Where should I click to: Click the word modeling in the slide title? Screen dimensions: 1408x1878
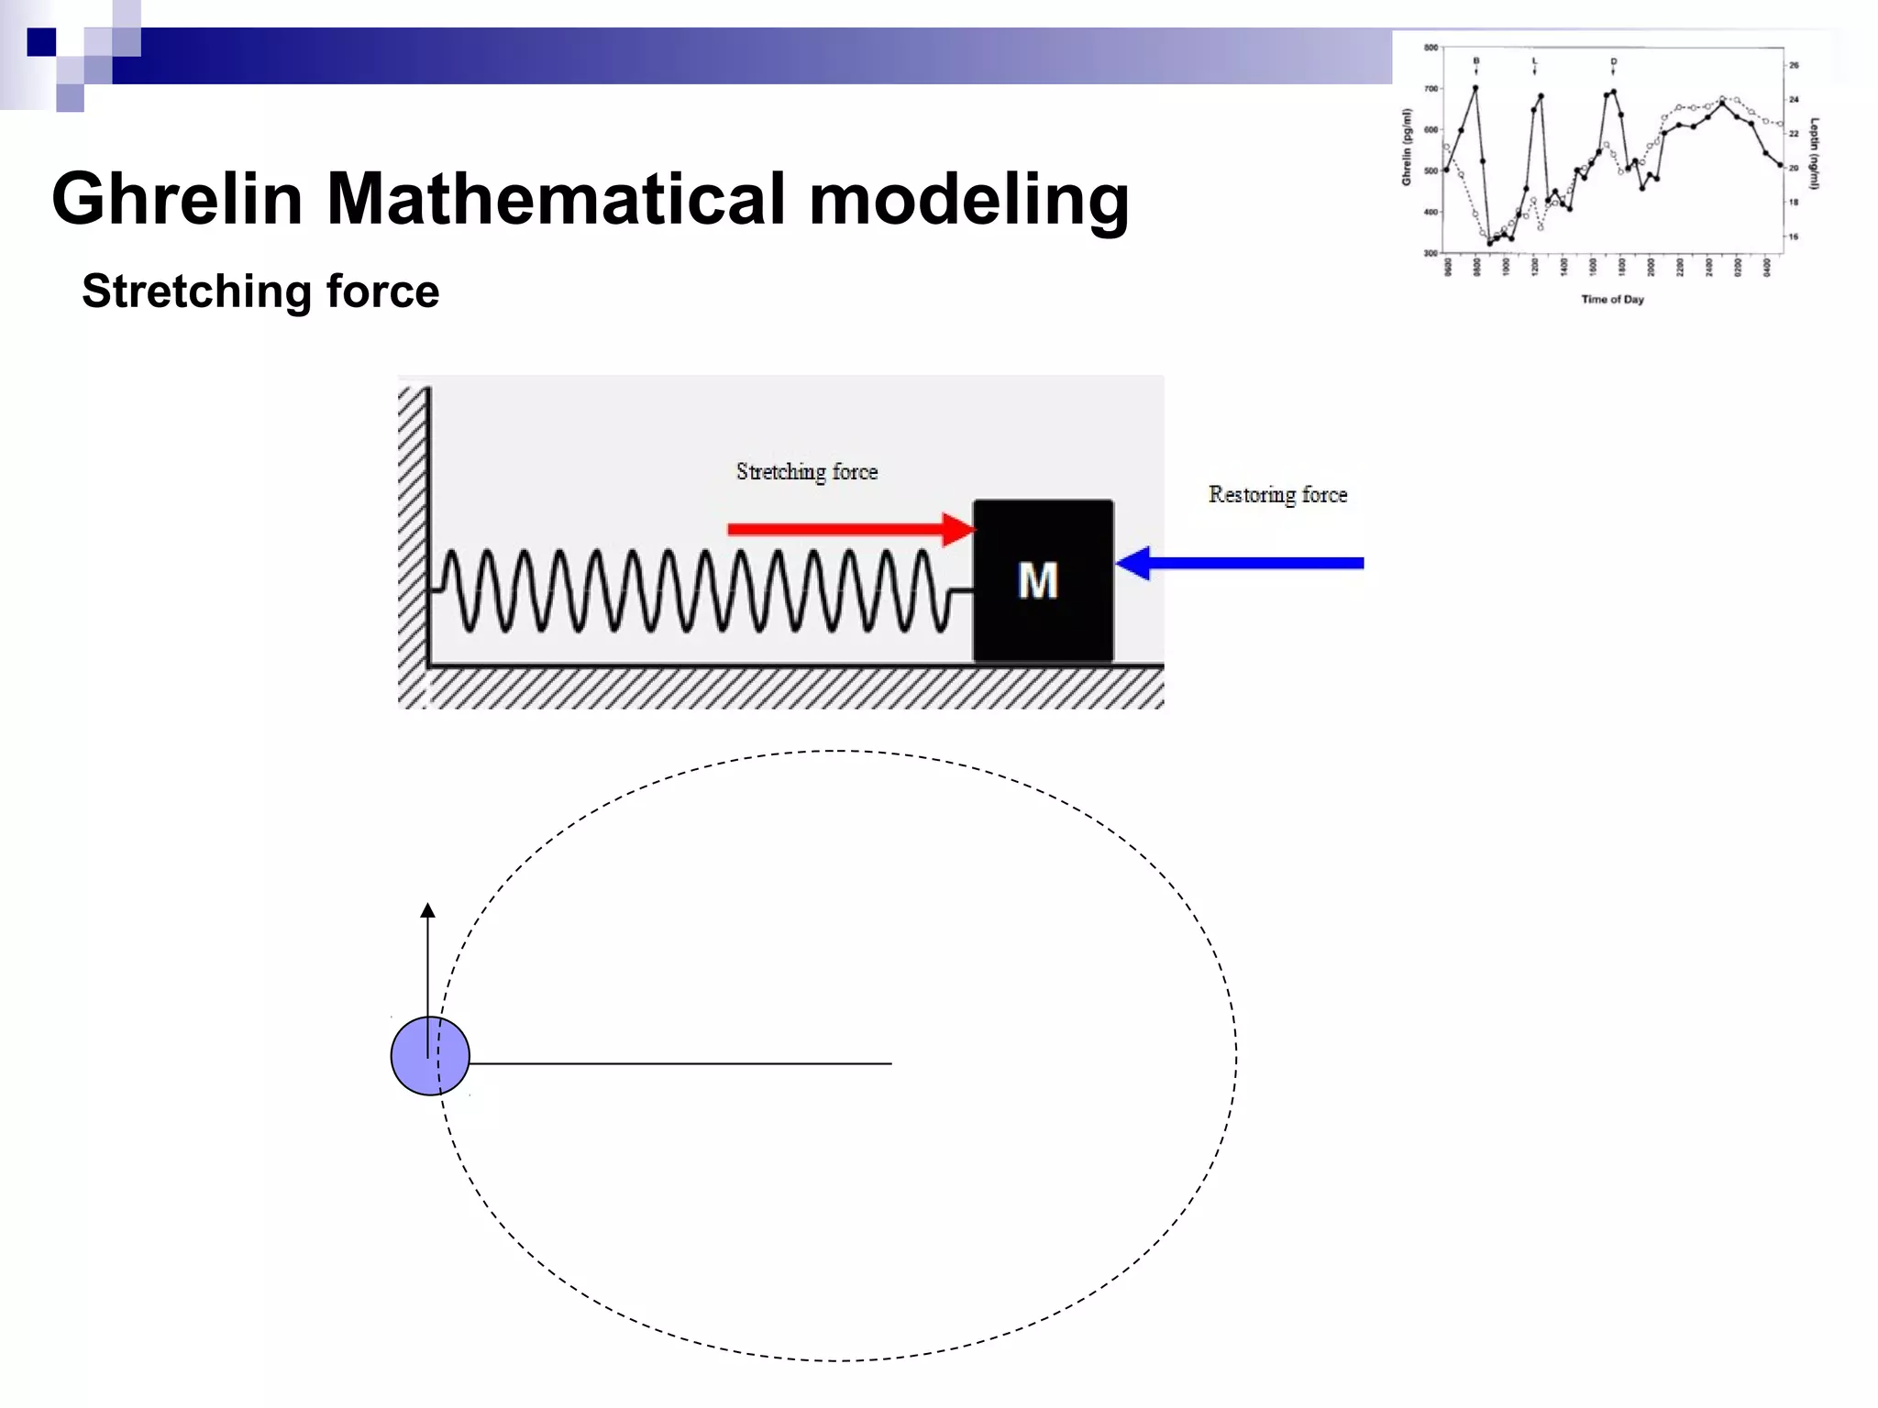point(968,199)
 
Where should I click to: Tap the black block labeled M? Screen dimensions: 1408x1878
point(1043,580)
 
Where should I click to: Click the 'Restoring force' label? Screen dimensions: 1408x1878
point(1277,495)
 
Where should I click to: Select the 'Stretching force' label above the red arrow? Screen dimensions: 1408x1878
point(806,472)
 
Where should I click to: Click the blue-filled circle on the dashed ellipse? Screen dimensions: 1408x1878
point(429,1056)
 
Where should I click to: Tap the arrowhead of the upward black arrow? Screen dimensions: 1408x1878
point(427,910)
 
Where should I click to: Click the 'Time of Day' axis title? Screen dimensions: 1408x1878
point(1612,299)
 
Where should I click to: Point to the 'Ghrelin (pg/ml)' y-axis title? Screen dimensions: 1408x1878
point(1407,147)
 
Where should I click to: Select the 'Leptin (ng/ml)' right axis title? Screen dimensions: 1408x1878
point(1815,153)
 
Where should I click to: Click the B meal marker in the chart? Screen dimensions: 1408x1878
point(1475,60)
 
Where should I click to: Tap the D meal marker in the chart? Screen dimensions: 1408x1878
point(1613,60)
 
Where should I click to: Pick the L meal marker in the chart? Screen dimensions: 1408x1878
point(1534,60)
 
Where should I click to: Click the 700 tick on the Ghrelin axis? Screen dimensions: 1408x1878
point(1431,89)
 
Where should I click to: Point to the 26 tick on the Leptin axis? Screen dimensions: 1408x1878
point(1794,65)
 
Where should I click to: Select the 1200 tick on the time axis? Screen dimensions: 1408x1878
point(1535,267)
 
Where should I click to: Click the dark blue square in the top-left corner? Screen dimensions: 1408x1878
point(41,42)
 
